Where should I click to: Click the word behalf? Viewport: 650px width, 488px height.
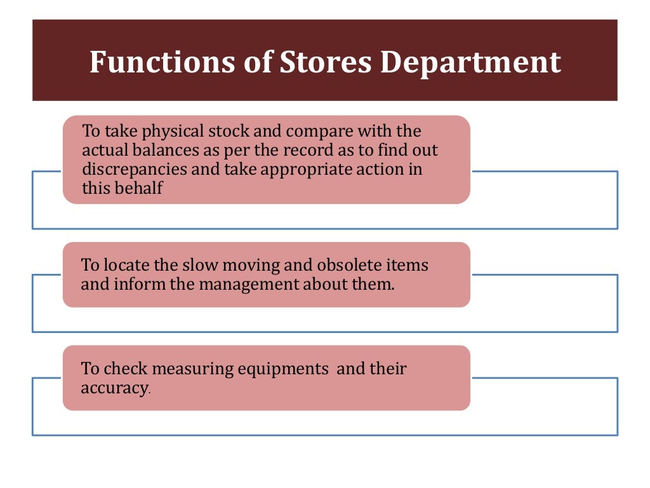click(x=138, y=189)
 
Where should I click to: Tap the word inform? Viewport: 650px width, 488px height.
click(x=140, y=284)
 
